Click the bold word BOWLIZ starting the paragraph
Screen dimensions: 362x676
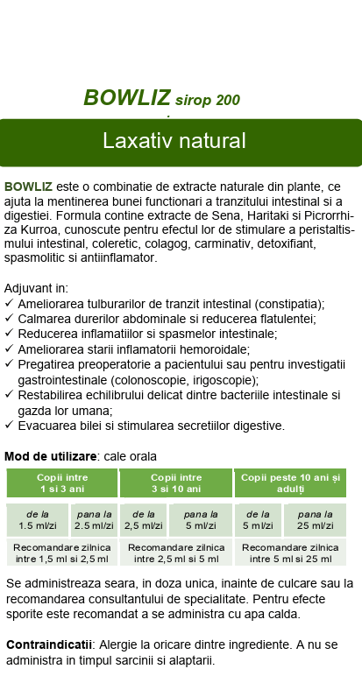click(x=28, y=187)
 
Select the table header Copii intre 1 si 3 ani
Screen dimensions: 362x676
click(x=62, y=482)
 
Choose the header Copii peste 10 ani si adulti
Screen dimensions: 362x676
click(x=289, y=482)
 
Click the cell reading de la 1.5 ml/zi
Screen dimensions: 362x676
click(x=37, y=520)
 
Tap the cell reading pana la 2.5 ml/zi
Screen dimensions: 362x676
click(x=93, y=520)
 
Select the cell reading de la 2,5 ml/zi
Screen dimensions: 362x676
click(x=142, y=520)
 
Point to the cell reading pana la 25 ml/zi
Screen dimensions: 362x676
click(x=314, y=520)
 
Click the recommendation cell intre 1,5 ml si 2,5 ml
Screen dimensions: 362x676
click(x=62, y=553)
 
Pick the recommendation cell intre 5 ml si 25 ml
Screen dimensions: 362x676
click(x=289, y=553)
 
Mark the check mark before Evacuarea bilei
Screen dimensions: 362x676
click(x=9, y=426)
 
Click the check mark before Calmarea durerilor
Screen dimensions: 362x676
click(x=9, y=319)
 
